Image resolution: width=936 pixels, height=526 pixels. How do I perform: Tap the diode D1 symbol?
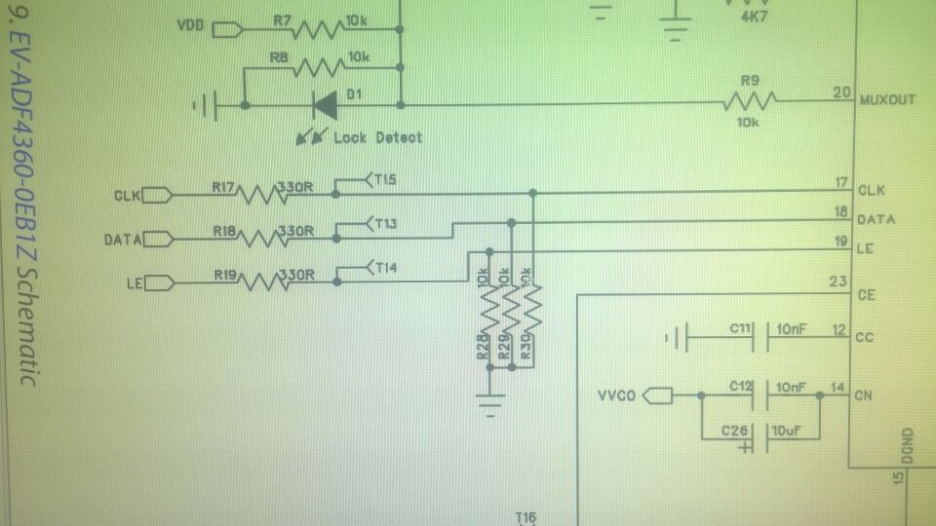324,103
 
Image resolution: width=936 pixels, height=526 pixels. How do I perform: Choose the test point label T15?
384,179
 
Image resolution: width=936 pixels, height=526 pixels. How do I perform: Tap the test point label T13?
384,224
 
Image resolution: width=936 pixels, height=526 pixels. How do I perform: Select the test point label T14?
384,267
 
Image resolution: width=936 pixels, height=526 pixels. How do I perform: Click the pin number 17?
840,183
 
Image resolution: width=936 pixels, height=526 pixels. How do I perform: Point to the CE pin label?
865,294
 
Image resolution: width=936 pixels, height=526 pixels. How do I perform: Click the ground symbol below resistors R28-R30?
489,399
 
